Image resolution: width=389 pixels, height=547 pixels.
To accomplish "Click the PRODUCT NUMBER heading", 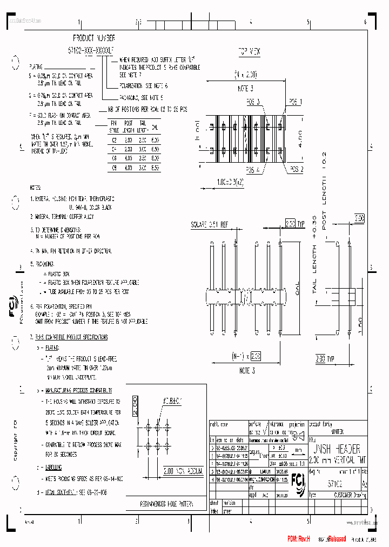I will coord(94,38).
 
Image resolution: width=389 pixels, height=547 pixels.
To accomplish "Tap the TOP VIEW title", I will coord(249,51).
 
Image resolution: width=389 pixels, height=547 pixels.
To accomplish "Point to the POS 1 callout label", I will coord(295,102).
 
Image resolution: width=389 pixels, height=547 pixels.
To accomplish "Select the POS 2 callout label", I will coord(295,169).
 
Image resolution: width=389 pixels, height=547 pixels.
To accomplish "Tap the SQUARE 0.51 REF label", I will coord(210,224).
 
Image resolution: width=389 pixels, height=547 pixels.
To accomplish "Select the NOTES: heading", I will coord(36,188).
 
